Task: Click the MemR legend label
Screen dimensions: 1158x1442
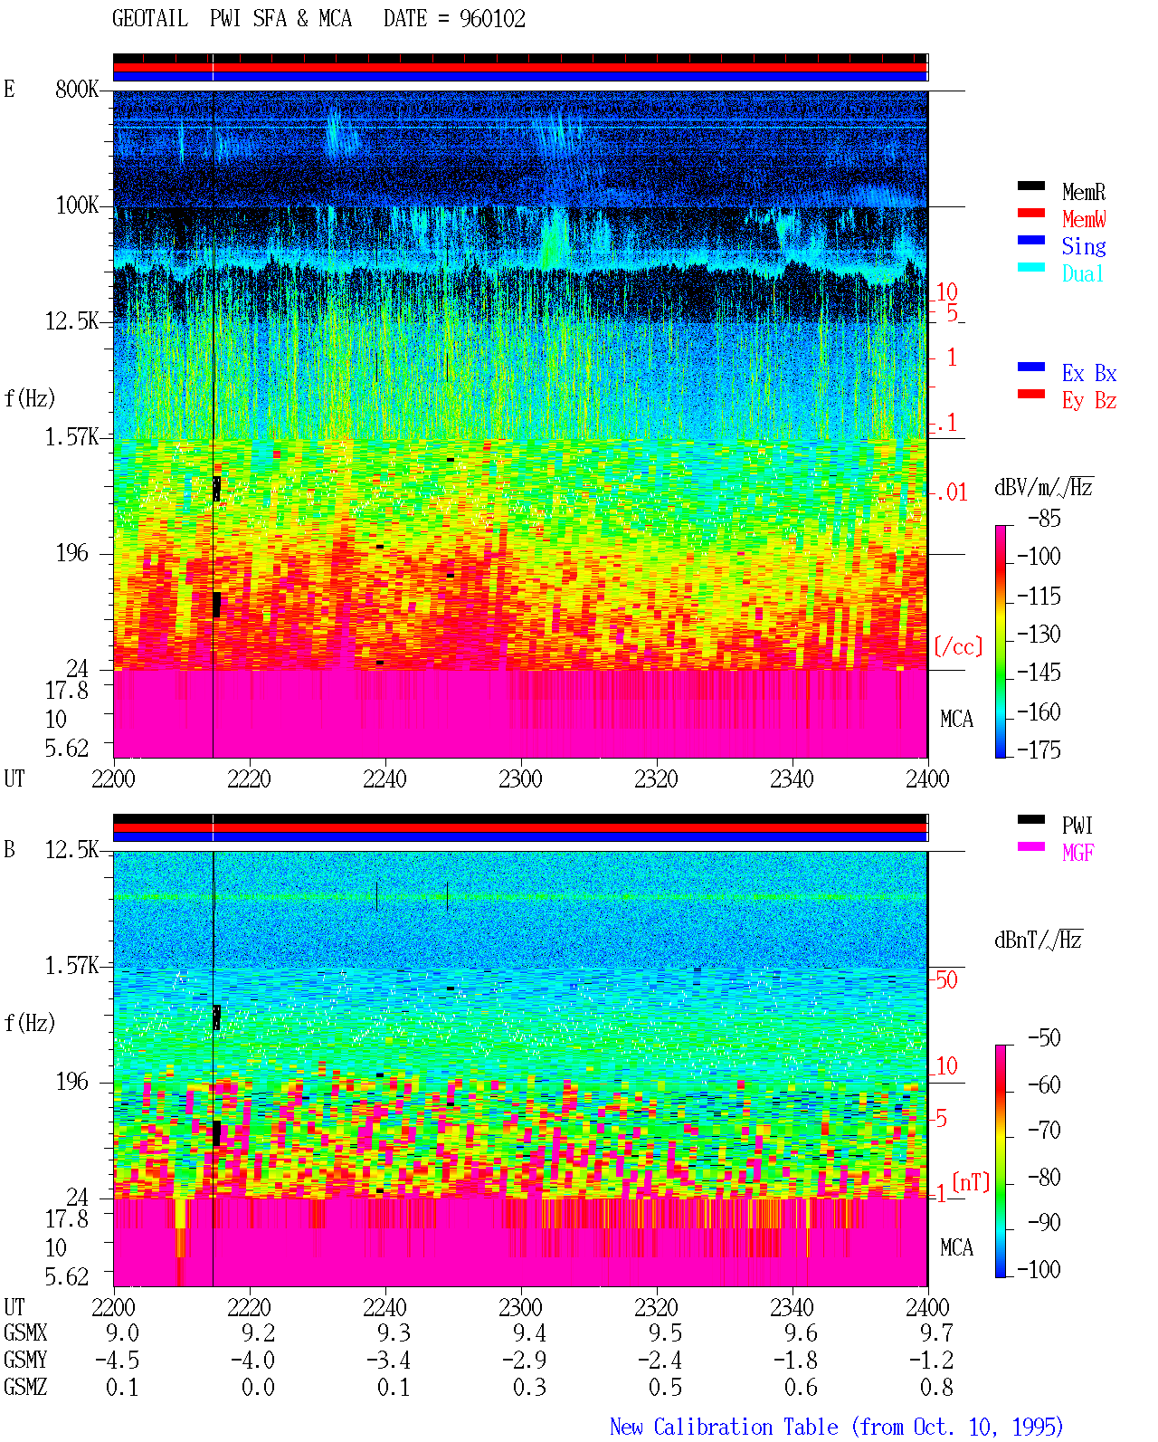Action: pyautogui.click(x=1083, y=192)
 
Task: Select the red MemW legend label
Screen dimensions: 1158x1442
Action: pyautogui.click(x=1084, y=219)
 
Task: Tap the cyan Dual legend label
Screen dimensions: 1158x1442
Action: pyautogui.click(x=1082, y=273)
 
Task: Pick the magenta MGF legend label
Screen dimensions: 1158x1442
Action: pyautogui.click(x=1077, y=853)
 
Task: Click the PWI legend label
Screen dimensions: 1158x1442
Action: pyautogui.click(x=1077, y=825)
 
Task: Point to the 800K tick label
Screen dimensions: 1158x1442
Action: pyautogui.click(x=77, y=89)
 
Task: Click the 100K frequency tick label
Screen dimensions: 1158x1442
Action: pyautogui.click(x=77, y=205)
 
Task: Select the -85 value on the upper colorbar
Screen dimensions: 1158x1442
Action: pyautogui.click(x=1044, y=518)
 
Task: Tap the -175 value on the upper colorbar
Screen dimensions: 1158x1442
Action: pyautogui.click(x=1039, y=750)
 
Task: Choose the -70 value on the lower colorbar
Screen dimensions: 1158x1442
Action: pyautogui.click(x=1044, y=1130)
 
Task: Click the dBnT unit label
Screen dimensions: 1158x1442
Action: pyautogui.click(x=1038, y=940)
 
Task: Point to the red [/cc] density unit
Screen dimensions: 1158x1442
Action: pyautogui.click(x=958, y=646)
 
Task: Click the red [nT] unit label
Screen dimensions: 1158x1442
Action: pyautogui.click(x=971, y=1182)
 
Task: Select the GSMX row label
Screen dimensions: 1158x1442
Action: pyautogui.click(x=25, y=1332)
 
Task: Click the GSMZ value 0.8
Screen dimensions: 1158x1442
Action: pyautogui.click(x=936, y=1387)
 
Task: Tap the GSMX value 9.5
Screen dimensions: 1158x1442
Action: pyautogui.click(x=665, y=1332)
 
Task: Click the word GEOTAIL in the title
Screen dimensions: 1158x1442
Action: pyautogui.click(x=150, y=19)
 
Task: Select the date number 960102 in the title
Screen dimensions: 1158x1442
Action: pyautogui.click(x=492, y=19)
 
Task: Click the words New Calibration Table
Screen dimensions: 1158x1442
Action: pyautogui.click(x=724, y=1427)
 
